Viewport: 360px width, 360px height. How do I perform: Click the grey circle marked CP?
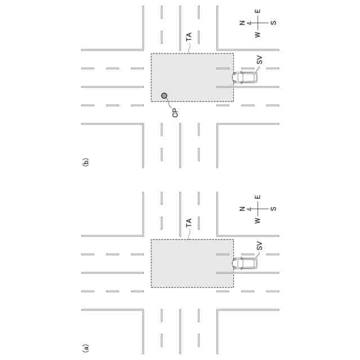(164, 96)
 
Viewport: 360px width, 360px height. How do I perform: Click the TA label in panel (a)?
(189, 222)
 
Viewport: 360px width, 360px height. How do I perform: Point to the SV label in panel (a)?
(259, 245)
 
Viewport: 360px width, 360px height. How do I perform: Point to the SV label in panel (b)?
(259, 60)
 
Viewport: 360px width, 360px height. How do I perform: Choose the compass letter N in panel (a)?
(242, 209)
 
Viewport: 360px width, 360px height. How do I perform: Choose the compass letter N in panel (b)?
(242, 23)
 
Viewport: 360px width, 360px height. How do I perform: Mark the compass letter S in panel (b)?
(273, 23)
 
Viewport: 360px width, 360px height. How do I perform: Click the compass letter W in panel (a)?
(258, 221)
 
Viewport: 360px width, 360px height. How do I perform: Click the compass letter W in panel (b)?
(258, 35)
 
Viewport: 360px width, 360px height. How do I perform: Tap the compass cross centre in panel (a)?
(258, 209)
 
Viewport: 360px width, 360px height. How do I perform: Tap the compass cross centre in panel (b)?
(258, 23)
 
